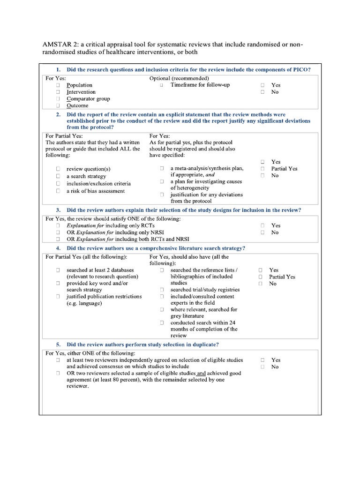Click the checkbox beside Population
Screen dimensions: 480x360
[58, 85]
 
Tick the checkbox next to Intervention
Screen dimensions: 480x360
[58, 92]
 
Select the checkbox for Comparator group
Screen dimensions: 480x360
[58, 99]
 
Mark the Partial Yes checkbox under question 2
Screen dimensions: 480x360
[263, 169]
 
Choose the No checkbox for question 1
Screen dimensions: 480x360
[263, 92]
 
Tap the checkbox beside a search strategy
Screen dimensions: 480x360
[58, 176]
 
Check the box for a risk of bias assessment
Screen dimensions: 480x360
[58, 191]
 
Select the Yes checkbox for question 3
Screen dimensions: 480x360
[263, 225]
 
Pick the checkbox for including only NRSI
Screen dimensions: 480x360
[58, 232]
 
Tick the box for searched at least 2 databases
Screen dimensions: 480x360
[58, 270]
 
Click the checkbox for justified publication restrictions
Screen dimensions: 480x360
[58, 297]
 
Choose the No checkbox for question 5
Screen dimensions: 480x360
[263, 367]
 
